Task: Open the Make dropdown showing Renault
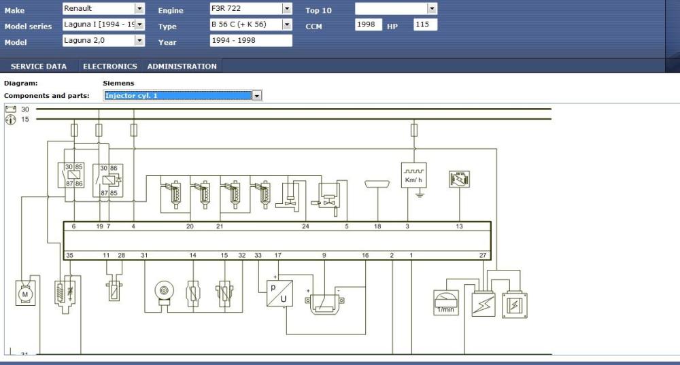point(103,9)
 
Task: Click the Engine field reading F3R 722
point(251,9)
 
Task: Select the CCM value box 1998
point(368,24)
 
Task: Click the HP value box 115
point(425,24)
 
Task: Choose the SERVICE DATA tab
point(39,67)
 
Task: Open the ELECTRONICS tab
point(109,67)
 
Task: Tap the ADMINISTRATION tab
point(182,67)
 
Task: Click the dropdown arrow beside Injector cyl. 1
point(257,96)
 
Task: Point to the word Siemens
point(118,83)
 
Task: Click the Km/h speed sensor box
point(413,175)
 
